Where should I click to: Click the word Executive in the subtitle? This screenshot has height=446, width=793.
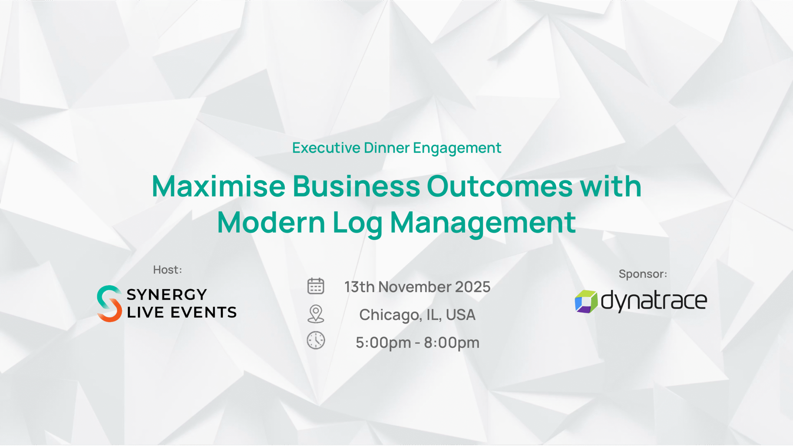coord(326,148)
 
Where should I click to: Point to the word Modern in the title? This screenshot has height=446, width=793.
coord(271,222)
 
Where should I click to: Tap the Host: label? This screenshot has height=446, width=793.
coord(168,270)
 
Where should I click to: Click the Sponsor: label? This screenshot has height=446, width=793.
coord(643,274)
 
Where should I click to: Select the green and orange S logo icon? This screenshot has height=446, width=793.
coord(109,304)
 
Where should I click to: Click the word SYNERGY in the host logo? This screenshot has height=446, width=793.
coord(167,295)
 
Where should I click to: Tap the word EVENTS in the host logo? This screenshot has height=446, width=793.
coord(204,312)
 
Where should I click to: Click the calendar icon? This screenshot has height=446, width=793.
coord(316,286)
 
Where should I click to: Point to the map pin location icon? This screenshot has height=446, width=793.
coord(316,314)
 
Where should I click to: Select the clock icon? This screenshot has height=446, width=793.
coord(316,340)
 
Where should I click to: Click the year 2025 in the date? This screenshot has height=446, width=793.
coord(473,287)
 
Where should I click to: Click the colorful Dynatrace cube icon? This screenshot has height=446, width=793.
coord(586,302)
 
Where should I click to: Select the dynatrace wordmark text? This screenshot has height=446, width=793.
coord(654,301)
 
